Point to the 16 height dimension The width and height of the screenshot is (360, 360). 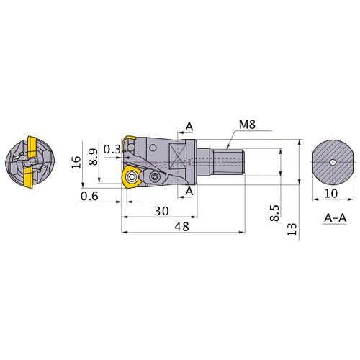click(x=76, y=162)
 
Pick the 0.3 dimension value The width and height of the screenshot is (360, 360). click(x=112, y=150)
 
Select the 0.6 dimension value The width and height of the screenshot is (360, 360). click(x=90, y=196)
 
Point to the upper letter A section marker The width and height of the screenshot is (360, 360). click(x=189, y=127)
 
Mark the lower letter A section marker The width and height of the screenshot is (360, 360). click(x=189, y=191)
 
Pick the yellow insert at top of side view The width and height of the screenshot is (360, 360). click(x=129, y=143)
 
